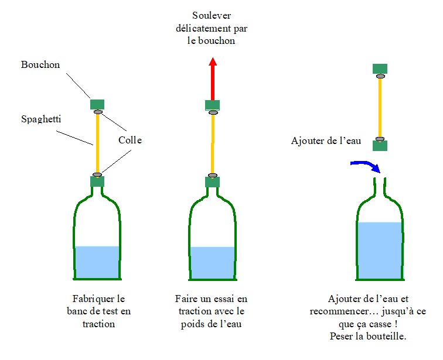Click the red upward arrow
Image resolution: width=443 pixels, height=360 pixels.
(x=213, y=79)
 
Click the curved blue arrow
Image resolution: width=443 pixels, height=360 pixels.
(x=364, y=166)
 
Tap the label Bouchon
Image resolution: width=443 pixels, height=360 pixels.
(x=40, y=65)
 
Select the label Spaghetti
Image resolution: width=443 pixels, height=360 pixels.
(x=42, y=119)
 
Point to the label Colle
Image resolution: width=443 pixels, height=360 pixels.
(x=130, y=140)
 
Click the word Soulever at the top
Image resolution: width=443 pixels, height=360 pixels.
(x=213, y=15)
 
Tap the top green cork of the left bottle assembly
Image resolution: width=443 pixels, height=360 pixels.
(x=97, y=105)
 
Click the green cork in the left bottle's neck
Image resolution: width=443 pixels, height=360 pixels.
(x=97, y=181)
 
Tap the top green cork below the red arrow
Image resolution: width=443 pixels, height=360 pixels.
(x=213, y=105)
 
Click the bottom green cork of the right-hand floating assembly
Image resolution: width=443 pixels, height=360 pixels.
(x=380, y=145)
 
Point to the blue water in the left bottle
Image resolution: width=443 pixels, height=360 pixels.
(x=97, y=262)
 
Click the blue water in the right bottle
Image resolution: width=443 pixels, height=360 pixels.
(x=380, y=250)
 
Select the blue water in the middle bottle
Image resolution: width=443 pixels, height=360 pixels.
(x=213, y=262)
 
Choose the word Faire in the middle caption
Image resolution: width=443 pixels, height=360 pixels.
(x=185, y=299)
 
